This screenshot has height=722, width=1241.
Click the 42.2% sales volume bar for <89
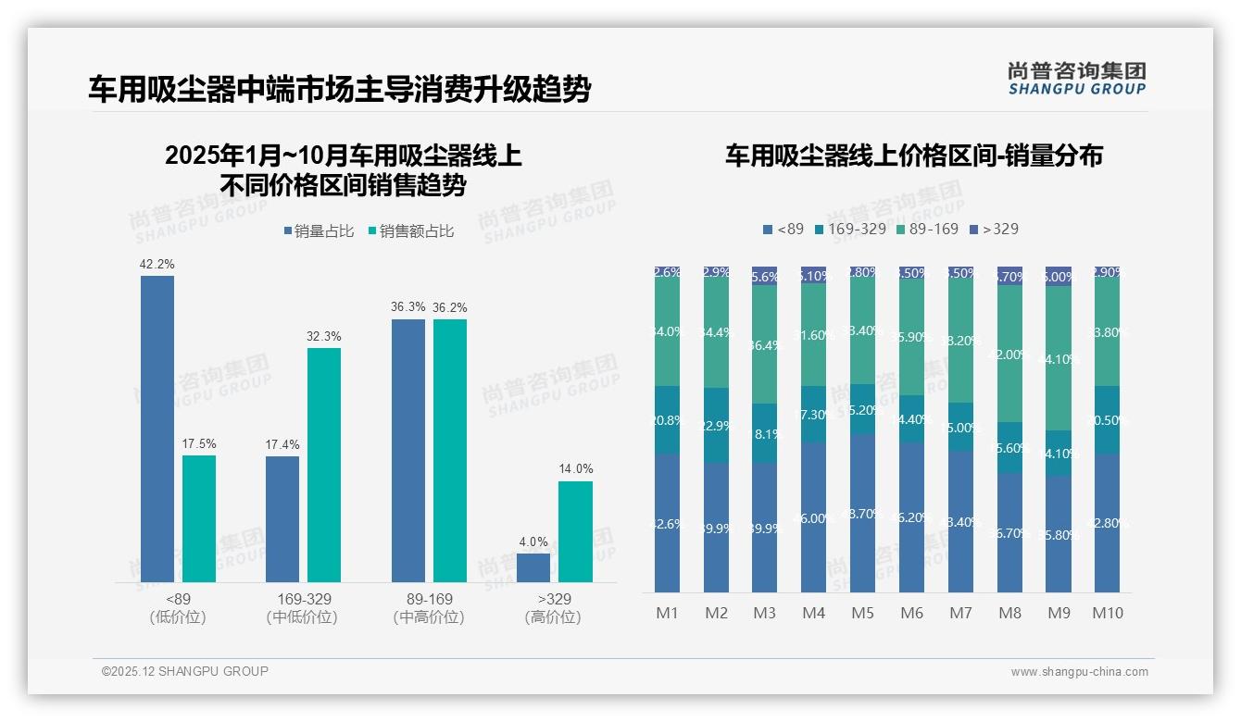(x=157, y=429)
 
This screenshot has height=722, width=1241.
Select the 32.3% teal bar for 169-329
(x=324, y=465)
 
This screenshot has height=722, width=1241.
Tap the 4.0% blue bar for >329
(x=533, y=567)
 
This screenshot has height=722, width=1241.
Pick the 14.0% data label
(x=575, y=468)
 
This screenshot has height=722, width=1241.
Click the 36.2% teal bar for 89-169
(x=450, y=450)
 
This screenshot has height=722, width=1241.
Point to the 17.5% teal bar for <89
(x=199, y=518)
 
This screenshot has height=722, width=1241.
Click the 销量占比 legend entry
(x=319, y=231)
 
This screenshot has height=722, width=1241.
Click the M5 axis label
(x=862, y=613)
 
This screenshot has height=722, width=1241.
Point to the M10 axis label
(x=1107, y=613)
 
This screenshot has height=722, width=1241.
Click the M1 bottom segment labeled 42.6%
(x=667, y=523)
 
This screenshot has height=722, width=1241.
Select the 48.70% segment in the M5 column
(x=862, y=513)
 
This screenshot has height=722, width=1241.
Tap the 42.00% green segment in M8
(x=1009, y=354)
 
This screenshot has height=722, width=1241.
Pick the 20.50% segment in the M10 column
(x=1107, y=419)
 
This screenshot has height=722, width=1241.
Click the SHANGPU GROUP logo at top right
(x=1076, y=79)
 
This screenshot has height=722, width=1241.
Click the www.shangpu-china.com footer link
(x=1079, y=672)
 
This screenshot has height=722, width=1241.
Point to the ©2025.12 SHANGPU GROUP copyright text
(x=185, y=671)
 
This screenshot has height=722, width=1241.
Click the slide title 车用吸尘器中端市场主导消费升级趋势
(x=339, y=90)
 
